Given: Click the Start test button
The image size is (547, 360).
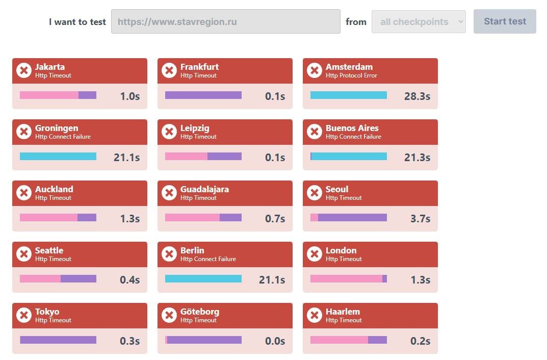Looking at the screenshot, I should point(505,21).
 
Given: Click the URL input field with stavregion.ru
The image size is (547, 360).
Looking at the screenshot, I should point(225,22).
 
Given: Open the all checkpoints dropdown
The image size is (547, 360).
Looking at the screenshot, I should point(419,22).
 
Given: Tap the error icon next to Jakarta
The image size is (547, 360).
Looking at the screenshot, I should point(24,70).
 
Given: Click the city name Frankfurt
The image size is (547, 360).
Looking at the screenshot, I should point(199,67).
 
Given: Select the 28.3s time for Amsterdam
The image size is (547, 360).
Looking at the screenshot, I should point(417,96).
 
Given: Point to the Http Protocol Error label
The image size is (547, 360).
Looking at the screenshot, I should point(351,75).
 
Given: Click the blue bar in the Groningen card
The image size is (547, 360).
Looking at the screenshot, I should point(58,157).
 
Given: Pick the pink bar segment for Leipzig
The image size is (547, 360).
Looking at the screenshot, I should point(186,157).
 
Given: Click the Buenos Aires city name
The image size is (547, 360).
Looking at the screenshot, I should point(352,128).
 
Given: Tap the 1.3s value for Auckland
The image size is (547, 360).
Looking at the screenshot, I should point(129,219).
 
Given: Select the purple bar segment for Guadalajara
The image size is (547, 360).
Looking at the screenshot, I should point(230,218).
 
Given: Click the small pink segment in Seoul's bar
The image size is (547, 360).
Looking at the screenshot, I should point(314,218).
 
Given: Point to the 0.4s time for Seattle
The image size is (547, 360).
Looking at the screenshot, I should point(129,280).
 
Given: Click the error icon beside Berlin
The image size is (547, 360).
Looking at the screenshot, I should point(169,254).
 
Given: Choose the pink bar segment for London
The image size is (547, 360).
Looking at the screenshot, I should point(346,279).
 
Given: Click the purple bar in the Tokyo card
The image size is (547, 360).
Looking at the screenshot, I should point(58,340).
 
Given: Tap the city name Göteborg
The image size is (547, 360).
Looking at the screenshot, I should point(200,312).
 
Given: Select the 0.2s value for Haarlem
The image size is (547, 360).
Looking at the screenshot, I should point(420,341).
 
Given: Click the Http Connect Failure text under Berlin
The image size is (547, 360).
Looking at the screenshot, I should point(208,259).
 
